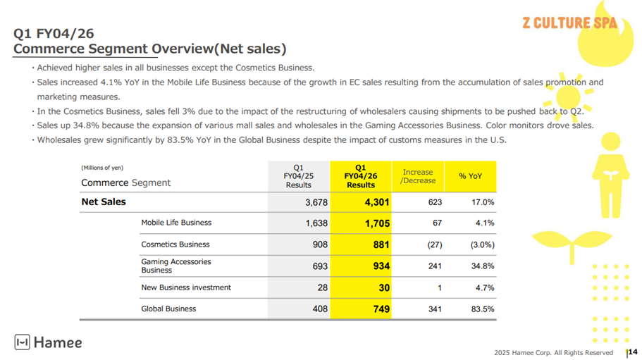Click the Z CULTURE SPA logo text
point(569,23)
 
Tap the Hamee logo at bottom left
point(48,343)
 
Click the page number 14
point(632,352)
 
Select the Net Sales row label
point(104,202)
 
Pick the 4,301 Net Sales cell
point(376,202)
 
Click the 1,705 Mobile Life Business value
point(376,223)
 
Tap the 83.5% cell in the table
point(482,309)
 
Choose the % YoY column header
point(470,176)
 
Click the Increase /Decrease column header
point(418,176)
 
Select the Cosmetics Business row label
point(175,244)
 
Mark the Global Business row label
point(168,309)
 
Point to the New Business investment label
point(186,287)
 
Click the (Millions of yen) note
point(102,168)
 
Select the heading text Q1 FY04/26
point(54,32)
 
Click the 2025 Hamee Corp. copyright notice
point(553,352)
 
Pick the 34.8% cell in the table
point(482,266)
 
